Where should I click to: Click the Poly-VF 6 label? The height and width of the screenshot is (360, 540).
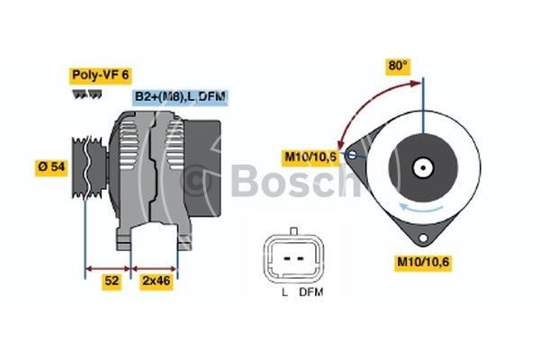100,76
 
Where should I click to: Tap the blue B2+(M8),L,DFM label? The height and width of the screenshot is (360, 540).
181,97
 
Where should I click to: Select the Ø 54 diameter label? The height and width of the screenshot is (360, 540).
51,167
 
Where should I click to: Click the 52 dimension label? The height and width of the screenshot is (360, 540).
112,281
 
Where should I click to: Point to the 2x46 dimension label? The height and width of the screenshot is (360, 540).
157,281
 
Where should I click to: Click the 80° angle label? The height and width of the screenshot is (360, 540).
398,66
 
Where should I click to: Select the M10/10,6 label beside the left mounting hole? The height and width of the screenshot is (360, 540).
310,157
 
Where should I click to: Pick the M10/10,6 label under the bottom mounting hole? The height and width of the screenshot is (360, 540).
423,262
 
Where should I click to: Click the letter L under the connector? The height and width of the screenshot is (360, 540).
284,292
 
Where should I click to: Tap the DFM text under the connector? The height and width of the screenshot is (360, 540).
311,292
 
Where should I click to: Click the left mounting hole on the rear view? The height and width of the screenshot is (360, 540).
352,155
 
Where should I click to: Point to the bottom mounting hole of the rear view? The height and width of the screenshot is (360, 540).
423,238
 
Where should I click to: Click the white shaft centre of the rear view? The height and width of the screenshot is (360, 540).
423,168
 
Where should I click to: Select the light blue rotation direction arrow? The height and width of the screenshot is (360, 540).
421,208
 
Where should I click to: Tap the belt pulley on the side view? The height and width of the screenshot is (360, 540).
89,167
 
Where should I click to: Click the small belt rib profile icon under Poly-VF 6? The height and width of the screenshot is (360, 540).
86,94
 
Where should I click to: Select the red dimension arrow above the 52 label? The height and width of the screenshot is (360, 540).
108,269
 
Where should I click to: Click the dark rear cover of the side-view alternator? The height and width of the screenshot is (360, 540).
202,168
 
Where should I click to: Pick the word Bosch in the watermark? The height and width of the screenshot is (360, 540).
293,180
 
